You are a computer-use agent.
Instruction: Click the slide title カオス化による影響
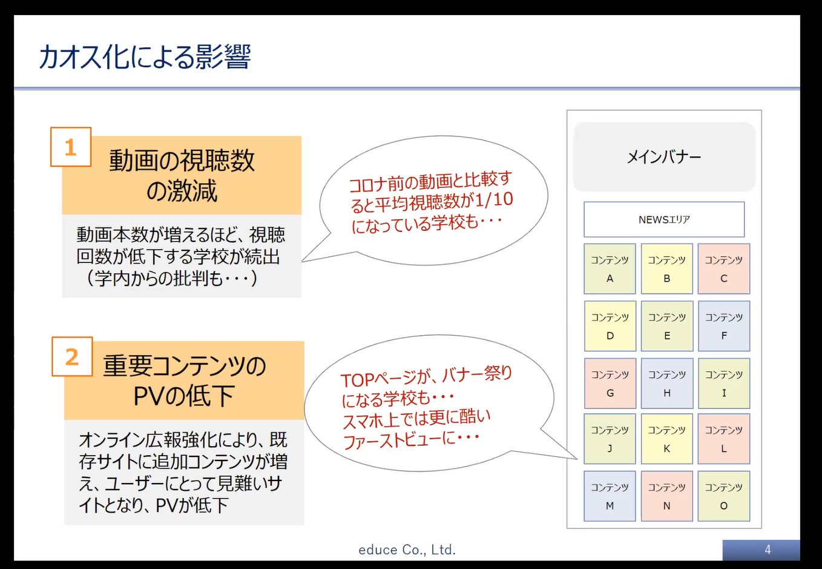point(145,57)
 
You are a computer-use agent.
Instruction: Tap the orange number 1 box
point(71,147)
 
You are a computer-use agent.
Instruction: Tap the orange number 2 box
point(72,356)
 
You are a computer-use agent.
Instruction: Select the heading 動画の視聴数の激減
point(182,176)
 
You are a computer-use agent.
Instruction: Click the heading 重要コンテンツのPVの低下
point(184,381)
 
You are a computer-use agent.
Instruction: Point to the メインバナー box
point(664,157)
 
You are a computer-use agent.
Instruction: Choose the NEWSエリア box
point(664,219)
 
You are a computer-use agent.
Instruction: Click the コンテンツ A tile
point(610,268)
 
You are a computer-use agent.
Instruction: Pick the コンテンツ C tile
point(724,268)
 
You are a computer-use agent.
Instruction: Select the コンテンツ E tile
point(667,326)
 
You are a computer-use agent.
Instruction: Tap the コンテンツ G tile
point(610,383)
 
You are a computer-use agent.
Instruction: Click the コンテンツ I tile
point(724,383)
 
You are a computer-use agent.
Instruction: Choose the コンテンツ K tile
point(667,439)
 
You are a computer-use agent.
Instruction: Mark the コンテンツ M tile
point(610,496)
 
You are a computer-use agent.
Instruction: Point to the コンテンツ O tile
point(724,496)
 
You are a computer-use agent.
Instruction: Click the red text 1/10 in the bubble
point(494,200)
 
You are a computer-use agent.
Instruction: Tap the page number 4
point(768,550)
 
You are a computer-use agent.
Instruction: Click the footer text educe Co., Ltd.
point(407,550)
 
